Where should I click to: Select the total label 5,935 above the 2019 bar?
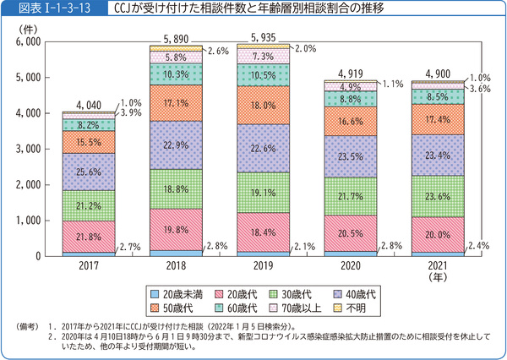coord(260,37)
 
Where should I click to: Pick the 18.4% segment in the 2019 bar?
coord(260,232)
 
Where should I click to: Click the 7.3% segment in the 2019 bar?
coord(260,56)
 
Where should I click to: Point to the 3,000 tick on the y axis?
coord(28,148)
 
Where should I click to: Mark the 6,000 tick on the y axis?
coord(28,41)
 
